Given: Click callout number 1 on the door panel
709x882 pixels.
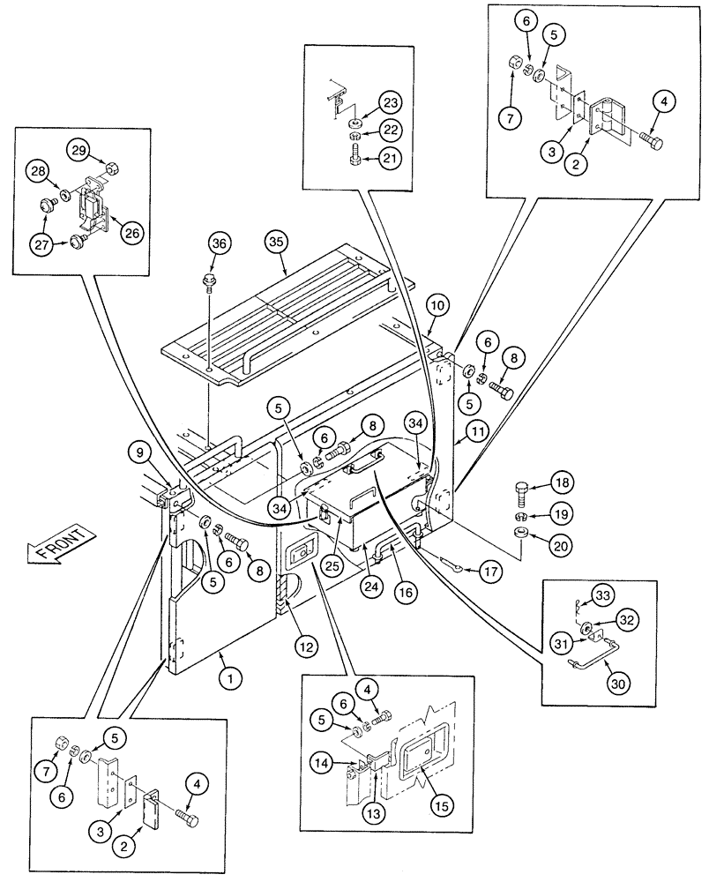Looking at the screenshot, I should point(231,678).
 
